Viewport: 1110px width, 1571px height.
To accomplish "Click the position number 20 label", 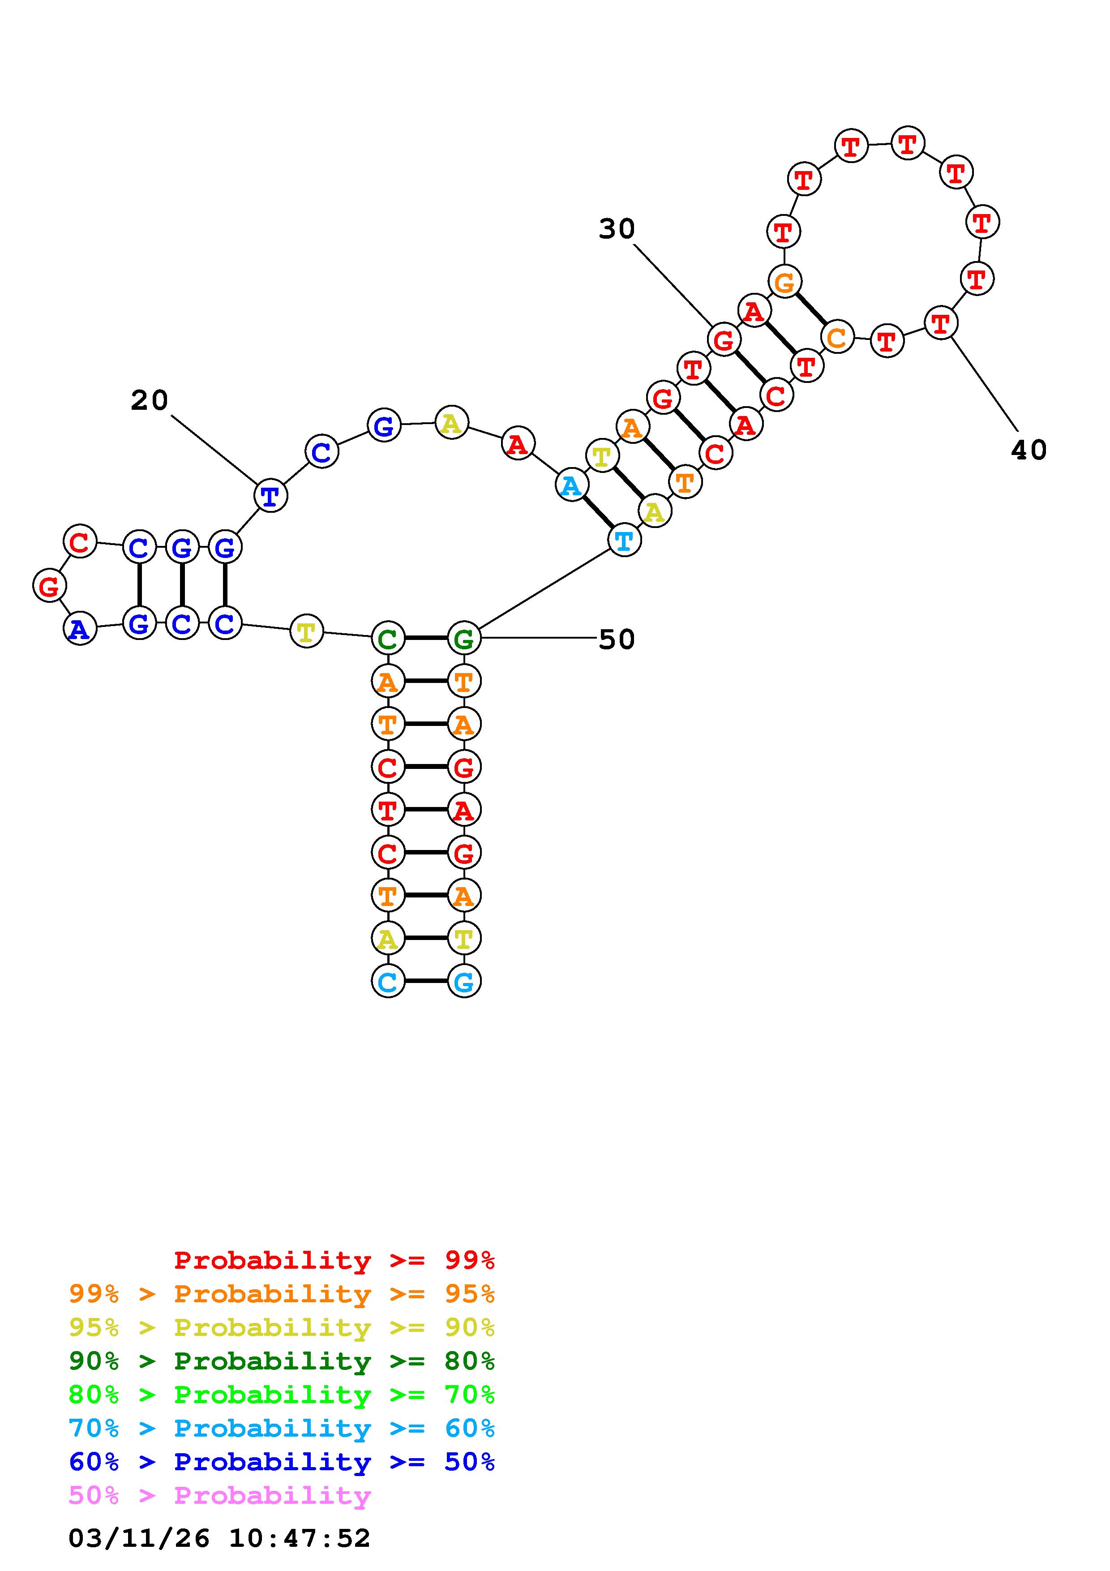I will [149, 400].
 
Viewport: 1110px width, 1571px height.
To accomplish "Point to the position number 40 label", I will [1028, 450].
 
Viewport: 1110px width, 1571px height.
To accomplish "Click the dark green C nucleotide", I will [387, 639].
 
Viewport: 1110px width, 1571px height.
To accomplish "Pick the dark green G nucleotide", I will [464, 639].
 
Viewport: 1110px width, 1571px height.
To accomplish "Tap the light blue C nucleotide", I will [387, 982].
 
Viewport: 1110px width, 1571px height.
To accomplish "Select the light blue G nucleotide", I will [464, 982].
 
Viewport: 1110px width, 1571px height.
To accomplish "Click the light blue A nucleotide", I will [571, 486].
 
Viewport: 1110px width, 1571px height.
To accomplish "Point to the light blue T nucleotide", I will [624, 541].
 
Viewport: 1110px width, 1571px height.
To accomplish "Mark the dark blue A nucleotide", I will [80, 629].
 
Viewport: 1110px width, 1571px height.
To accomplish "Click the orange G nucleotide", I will [784, 281].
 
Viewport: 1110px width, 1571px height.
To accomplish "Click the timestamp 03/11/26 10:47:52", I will [219, 1539].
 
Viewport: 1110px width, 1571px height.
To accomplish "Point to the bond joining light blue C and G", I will [425, 982].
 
